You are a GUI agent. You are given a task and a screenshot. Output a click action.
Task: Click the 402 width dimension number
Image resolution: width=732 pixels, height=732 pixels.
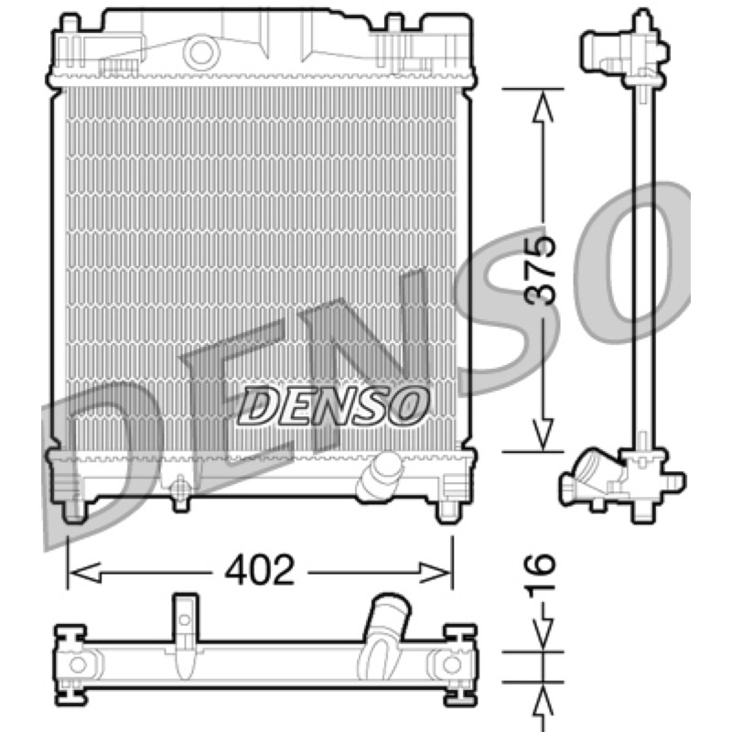point(260,570)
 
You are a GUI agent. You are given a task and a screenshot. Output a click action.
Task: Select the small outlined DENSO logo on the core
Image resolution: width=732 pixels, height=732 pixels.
point(332,405)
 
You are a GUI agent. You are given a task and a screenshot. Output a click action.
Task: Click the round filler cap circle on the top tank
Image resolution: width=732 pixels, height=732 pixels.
point(201,52)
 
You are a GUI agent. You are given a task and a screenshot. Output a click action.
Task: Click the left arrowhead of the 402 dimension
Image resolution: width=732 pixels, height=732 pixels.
point(85,573)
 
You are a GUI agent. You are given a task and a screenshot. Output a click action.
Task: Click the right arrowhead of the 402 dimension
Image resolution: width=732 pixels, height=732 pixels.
point(435,573)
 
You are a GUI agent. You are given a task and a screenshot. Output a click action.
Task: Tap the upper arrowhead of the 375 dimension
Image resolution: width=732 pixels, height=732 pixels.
point(543,106)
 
